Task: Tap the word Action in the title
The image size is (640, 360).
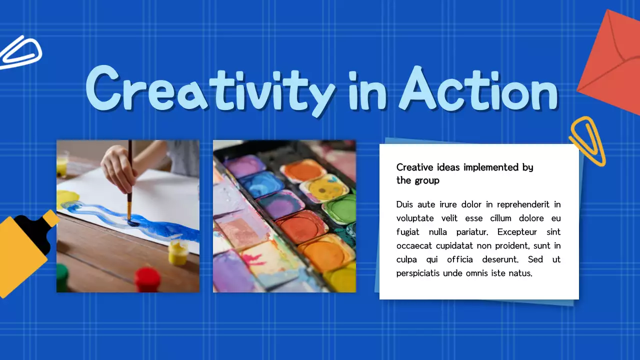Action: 477,90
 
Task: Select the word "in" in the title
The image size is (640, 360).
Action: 367,90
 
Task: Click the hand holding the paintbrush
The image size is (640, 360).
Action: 120,167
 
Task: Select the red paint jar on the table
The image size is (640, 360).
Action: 147,279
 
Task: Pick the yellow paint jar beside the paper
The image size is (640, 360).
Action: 178,252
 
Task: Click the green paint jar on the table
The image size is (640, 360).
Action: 62,277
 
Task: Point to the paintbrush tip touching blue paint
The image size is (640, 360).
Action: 131,221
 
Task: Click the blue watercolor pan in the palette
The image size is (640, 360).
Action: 261,184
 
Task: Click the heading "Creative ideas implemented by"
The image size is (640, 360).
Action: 464,167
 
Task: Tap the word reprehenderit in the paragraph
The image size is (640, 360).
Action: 517,204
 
